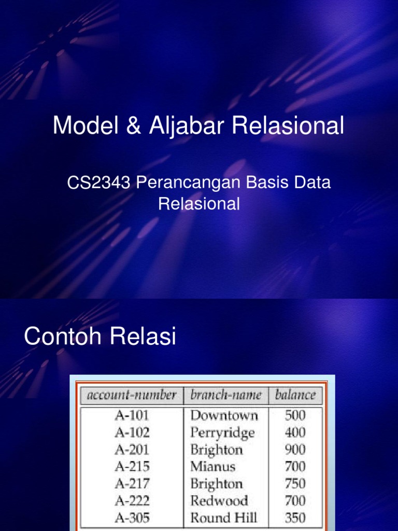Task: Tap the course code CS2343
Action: click(98, 183)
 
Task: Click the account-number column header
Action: click(132, 395)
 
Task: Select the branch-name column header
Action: click(226, 395)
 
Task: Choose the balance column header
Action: click(295, 395)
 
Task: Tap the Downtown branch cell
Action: click(224, 415)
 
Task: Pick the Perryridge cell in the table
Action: click(222, 432)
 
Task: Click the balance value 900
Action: click(295, 450)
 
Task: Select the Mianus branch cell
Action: click(212, 467)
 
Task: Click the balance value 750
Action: click(295, 484)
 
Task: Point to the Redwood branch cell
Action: click(219, 501)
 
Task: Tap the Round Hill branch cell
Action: click(223, 518)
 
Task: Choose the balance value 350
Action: click(295, 518)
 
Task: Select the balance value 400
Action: click(295, 432)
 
